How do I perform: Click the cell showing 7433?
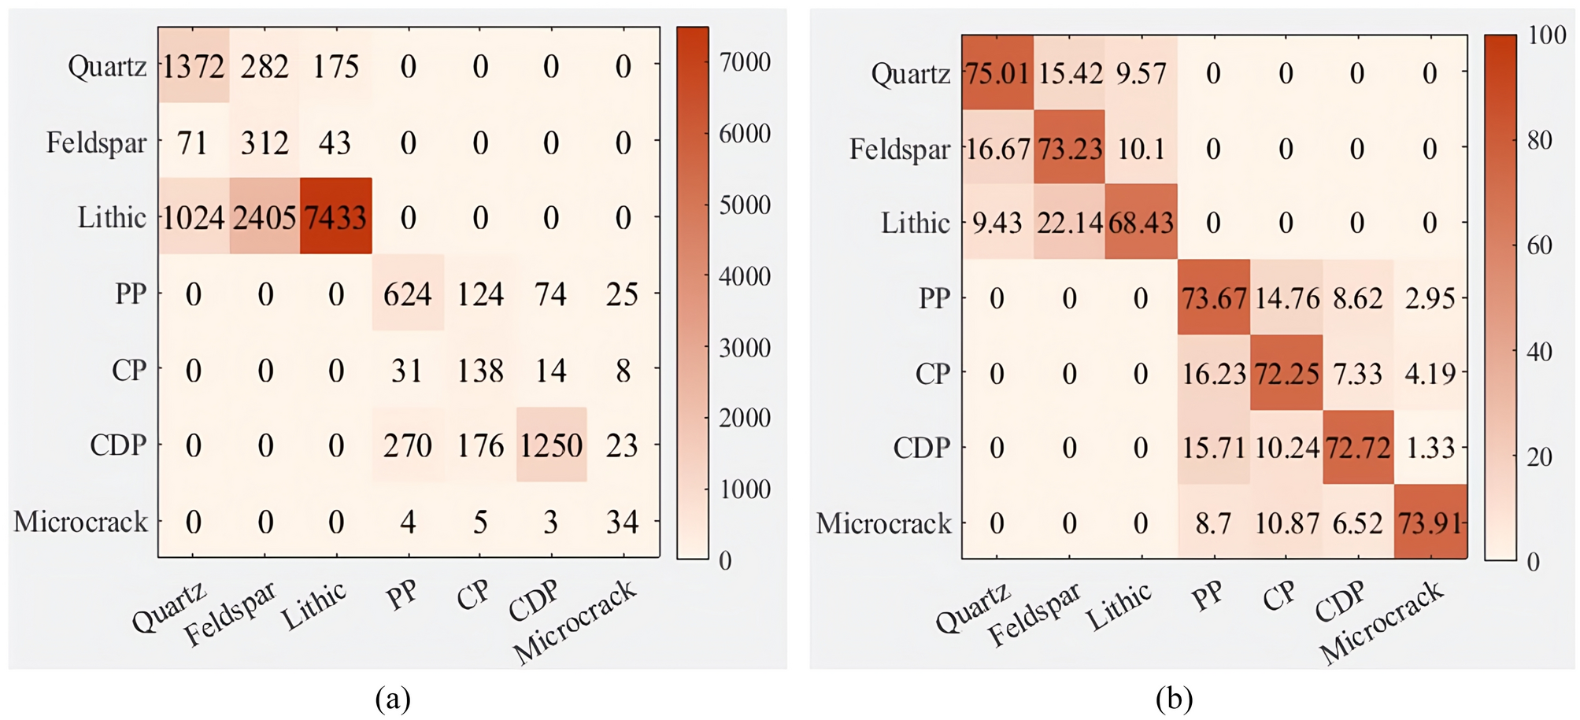[x=336, y=218]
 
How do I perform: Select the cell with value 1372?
[x=194, y=67]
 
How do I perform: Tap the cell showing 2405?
[x=265, y=218]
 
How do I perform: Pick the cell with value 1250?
[x=551, y=446]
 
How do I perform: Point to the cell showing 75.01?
[x=997, y=74]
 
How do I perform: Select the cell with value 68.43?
[x=1141, y=223]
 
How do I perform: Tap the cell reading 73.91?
[x=1430, y=523]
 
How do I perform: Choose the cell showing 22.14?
[x=1069, y=223]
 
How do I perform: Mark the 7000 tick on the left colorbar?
[x=744, y=62]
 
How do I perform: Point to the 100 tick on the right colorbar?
[x=1546, y=35]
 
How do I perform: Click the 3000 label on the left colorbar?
[x=744, y=348]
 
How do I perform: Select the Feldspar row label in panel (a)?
[x=96, y=143]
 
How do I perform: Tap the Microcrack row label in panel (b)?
[x=883, y=523]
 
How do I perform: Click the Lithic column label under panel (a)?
[x=314, y=607]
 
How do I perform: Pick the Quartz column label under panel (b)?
[x=973, y=609]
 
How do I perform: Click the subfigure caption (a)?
[x=393, y=698]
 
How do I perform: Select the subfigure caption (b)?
[x=1174, y=698]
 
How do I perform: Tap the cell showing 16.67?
[x=997, y=149]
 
